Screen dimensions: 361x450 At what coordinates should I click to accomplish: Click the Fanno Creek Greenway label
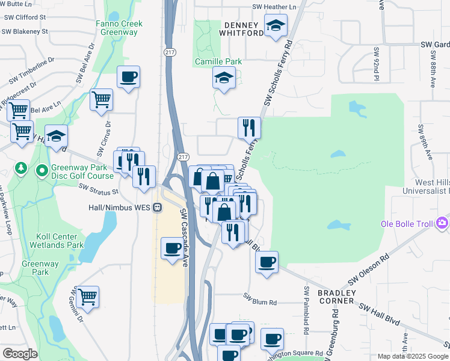[119, 28]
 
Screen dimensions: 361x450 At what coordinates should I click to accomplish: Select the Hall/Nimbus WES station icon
[157, 207]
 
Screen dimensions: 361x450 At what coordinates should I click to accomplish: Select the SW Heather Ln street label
[275, 7]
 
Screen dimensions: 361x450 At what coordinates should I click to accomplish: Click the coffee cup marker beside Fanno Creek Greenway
[129, 78]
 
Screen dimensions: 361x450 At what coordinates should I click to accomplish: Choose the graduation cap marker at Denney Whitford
[276, 25]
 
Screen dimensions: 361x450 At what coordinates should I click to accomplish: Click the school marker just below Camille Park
[224, 78]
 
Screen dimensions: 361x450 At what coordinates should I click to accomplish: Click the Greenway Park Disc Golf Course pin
[42, 171]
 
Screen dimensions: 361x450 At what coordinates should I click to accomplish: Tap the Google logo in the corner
[20, 354]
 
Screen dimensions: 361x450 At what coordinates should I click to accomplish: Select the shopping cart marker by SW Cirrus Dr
[101, 99]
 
